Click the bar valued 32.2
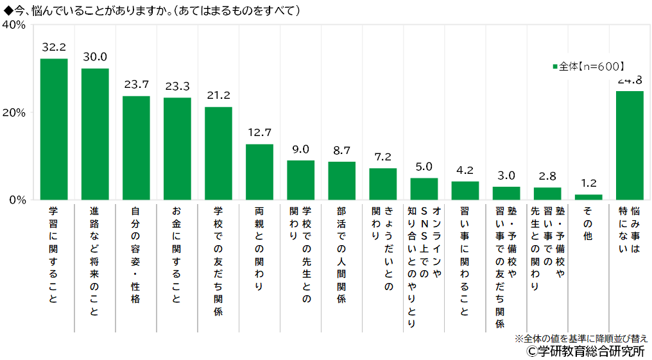point(54,129)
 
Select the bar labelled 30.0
point(95,133)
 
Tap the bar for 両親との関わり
point(259,171)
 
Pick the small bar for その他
point(588,197)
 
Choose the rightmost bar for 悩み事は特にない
point(630,145)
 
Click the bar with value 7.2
point(382,184)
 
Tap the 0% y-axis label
point(17,200)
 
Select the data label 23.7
point(136,84)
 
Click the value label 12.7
point(259,133)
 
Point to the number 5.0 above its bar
point(424,167)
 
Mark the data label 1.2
point(588,183)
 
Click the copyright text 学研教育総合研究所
point(585,351)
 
